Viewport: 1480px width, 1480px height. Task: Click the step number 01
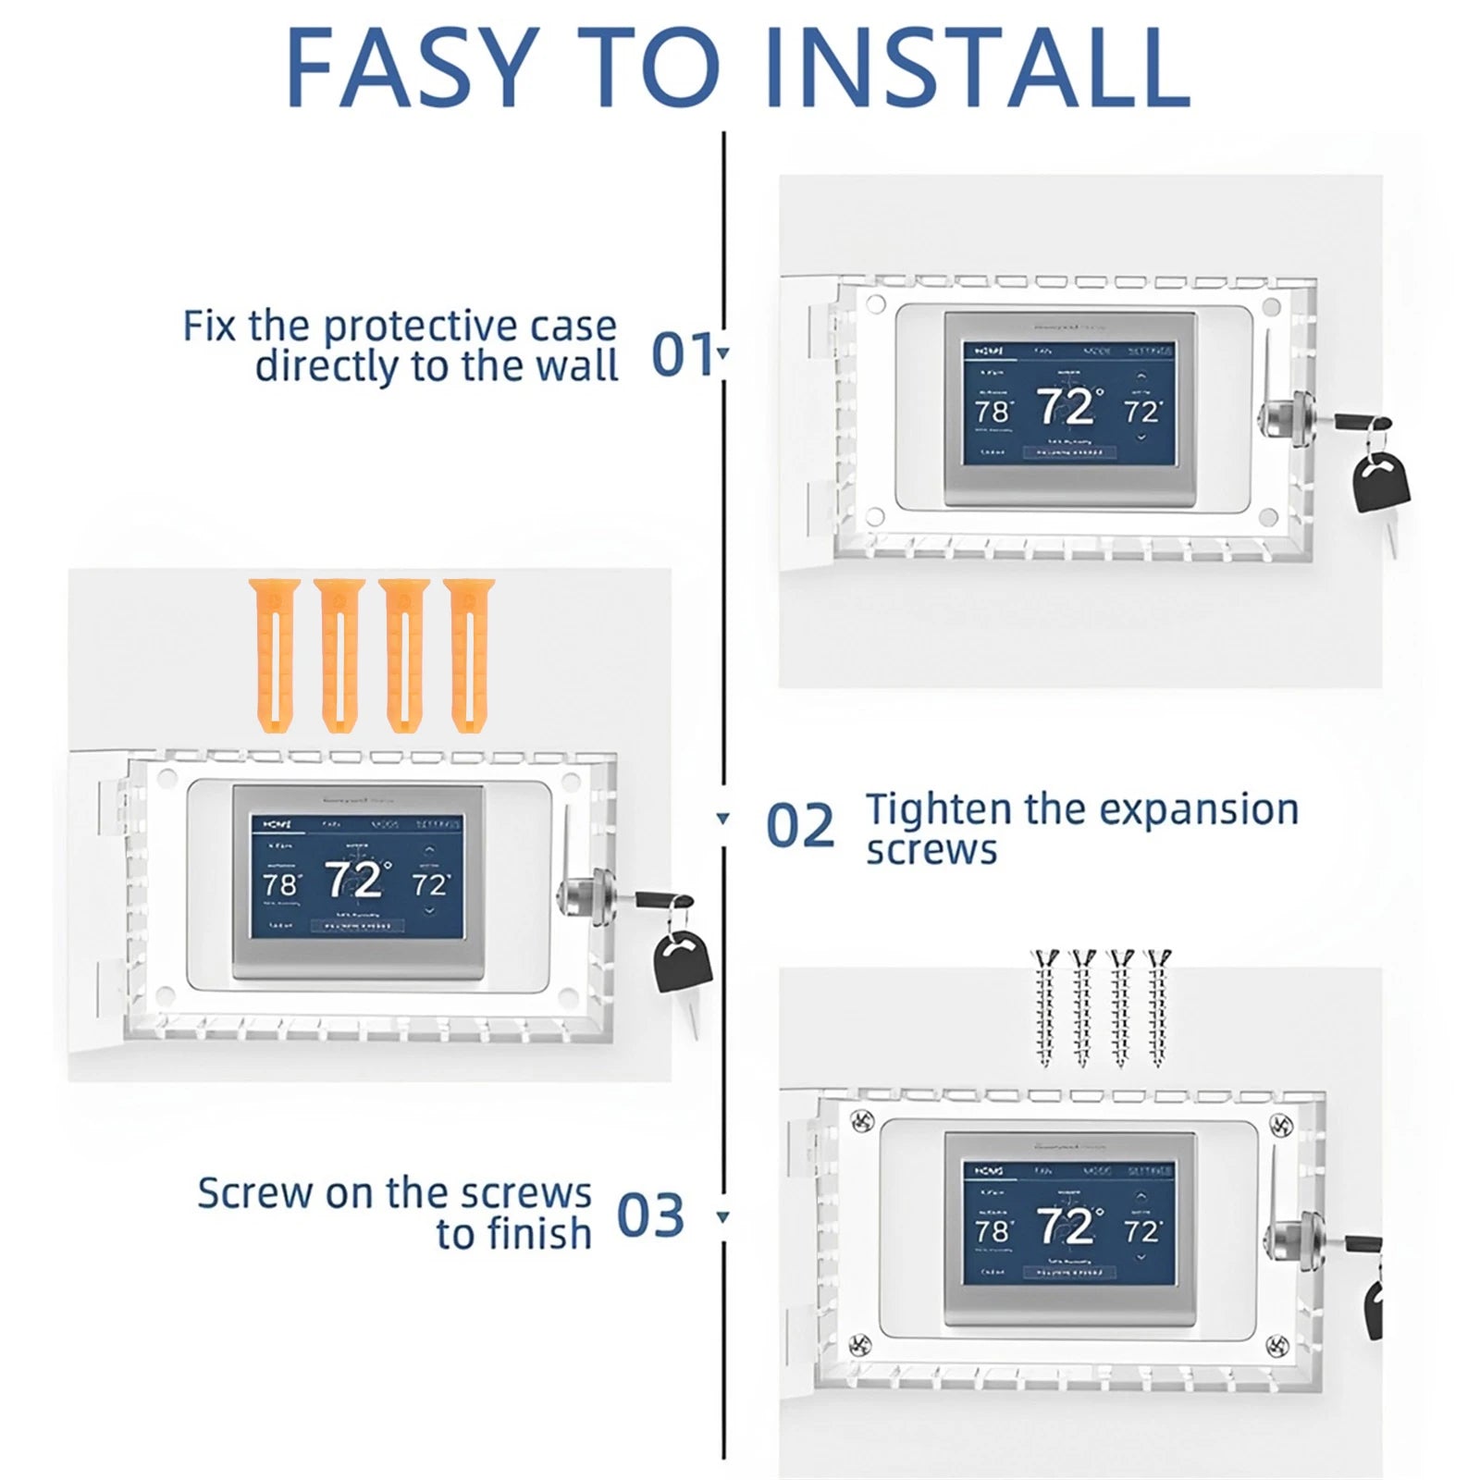tap(683, 354)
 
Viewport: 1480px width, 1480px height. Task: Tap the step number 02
tap(800, 826)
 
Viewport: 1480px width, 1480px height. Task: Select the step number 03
tap(650, 1215)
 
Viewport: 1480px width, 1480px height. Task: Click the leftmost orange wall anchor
tap(274, 655)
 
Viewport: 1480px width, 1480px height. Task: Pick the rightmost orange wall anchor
tap(468, 655)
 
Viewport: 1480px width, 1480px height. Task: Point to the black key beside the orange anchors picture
tap(684, 962)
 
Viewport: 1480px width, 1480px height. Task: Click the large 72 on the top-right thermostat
tap(1068, 407)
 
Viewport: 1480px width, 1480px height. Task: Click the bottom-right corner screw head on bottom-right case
tap(1277, 1343)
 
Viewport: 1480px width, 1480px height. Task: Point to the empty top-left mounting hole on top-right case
tap(875, 303)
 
